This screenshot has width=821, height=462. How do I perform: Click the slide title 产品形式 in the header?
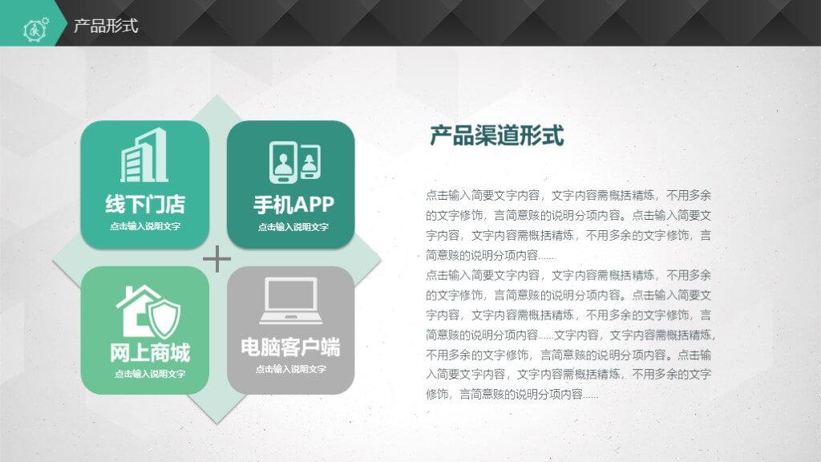[106, 25]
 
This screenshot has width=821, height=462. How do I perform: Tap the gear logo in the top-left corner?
[35, 29]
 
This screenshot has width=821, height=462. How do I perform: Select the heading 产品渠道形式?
[496, 135]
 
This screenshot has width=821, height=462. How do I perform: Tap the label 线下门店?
[145, 204]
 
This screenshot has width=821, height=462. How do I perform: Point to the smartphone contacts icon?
[295, 162]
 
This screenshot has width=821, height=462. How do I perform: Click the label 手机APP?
[293, 205]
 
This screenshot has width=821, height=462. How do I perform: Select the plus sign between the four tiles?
[216, 259]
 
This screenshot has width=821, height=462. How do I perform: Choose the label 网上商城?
[150, 353]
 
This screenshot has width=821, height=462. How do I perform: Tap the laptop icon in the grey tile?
[290, 301]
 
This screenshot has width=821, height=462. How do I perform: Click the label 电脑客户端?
[290, 347]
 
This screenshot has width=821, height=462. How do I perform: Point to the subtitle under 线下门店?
[145, 226]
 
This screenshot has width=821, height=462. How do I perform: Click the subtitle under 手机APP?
[293, 227]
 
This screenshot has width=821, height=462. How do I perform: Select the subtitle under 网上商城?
[150, 374]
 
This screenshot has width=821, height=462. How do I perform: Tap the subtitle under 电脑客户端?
[290, 369]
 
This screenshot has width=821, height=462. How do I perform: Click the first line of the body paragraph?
[568, 196]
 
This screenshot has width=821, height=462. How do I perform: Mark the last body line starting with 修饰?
[512, 394]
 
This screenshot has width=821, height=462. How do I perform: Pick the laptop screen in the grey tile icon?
[291, 295]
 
